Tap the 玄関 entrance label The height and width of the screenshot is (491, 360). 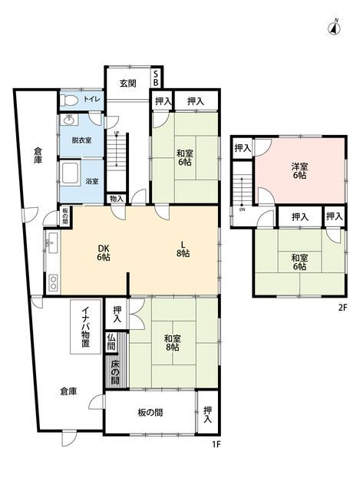(128, 83)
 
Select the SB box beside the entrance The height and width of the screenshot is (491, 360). (156, 77)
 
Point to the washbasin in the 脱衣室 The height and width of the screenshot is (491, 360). (69, 120)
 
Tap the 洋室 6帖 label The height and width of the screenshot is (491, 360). (299, 171)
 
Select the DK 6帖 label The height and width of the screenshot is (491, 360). (104, 252)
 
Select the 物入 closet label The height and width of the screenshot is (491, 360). (116, 199)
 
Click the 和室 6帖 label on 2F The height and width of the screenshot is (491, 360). (299, 262)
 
